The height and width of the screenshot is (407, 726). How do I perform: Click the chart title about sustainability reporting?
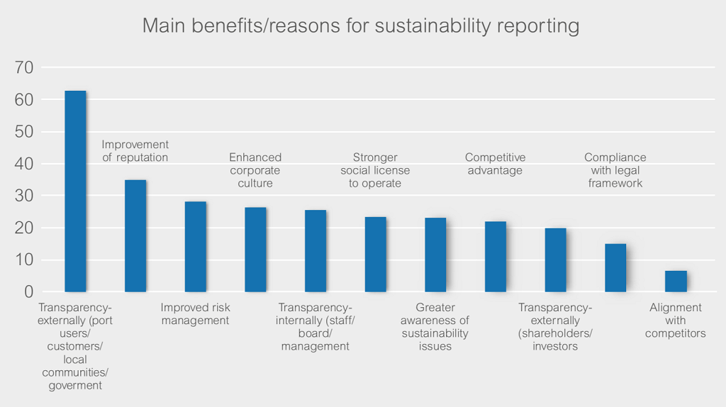pyautogui.click(x=360, y=26)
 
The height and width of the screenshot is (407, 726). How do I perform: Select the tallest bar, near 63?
pyautogui.click(x=75, y=191)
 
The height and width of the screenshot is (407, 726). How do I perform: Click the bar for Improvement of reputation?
pyautogui.click(x=135, y=236)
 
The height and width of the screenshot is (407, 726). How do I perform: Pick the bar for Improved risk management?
pyautogui.click(x=196, y=247)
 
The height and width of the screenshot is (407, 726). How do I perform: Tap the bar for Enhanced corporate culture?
pyautogui.click(x=255, y=250)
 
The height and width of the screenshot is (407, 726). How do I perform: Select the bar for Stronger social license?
pyautogui.click(x=375, y=255)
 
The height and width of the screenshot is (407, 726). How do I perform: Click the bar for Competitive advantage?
pyautogui.click(x=496, y=257)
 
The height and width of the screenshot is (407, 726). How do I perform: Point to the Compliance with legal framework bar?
pyautogui.click(x=615, y=268)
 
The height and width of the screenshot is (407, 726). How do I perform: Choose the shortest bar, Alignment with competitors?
pyautogui.click(x=676, y=281)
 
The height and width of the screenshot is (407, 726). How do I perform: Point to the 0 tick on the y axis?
pyautogui.click(x=29, y=292)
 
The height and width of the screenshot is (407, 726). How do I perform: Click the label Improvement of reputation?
pyautogui.click(x=135, y=151)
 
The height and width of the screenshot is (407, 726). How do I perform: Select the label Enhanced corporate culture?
pyautogui.click(x=255, y=170)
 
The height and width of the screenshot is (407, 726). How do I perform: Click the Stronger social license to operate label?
pyautogui.click(x=375, y=170)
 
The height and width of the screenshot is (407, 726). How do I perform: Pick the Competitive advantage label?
pyautogui.click(x=495, y=164)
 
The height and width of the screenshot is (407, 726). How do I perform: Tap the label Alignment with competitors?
pyautogui.click(x=676, y=320)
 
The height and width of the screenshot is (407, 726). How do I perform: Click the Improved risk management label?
pyautogui.click(x=195, y=314)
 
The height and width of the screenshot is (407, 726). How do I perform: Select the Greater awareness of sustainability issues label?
pyautogui.click(x=435, y=327)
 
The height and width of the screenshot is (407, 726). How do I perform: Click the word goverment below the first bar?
pyautogui.click(x=75, y=386)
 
